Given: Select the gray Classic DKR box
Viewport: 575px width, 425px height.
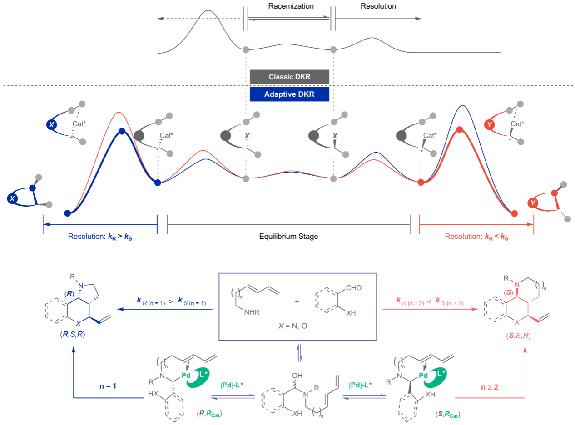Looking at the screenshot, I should click(289, 77).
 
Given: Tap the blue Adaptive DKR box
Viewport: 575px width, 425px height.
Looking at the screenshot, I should click(289, 94).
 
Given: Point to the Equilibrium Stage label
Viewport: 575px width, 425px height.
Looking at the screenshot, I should click(289, 237).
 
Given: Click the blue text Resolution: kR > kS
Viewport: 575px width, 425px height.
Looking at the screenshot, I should click(99, 237).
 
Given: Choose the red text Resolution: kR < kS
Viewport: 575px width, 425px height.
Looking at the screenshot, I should click(476, 237).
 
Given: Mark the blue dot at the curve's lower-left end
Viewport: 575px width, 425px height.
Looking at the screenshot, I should click(67, 213).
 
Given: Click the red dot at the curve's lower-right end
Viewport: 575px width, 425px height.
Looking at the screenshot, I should click(514, 213).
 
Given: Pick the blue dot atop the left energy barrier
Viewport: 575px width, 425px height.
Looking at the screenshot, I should click(121, 131).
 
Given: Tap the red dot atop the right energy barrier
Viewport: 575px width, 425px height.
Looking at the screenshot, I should click(460, 130).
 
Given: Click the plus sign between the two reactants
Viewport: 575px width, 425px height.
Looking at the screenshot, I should click(297, 302).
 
